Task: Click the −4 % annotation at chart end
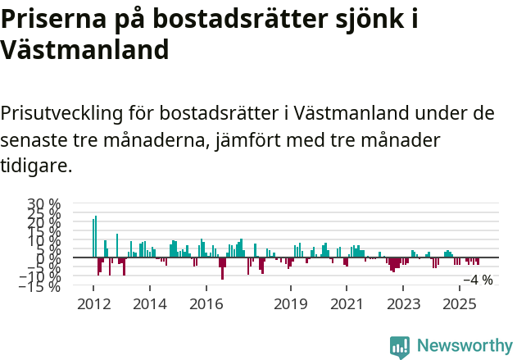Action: point(478,280)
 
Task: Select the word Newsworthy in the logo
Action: point(464,346)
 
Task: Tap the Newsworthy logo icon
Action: point(400,347)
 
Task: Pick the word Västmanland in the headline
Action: point(84,50)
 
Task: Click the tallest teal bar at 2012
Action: point(96,236)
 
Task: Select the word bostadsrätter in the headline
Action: point(249,19)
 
